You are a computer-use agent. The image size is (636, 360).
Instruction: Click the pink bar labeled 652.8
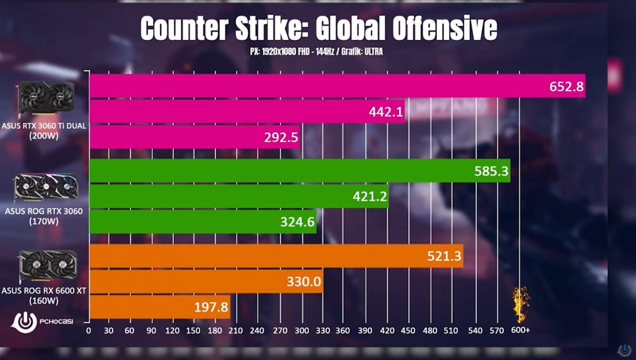pos(337,86)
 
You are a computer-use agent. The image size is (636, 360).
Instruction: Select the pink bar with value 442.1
pos(246,111)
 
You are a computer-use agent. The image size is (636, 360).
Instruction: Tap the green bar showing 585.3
pos(299,171)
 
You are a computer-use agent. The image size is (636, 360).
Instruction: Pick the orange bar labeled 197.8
pos(160,307)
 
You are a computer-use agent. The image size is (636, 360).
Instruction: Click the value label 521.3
pos(444,257)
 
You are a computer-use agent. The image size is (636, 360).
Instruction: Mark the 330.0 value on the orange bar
pos(304,282)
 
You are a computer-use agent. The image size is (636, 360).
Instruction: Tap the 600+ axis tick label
pos(520,330)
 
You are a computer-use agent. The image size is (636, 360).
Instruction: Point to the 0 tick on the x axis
pos(89,330)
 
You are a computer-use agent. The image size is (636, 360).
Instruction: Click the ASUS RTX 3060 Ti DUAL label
pos(45,126)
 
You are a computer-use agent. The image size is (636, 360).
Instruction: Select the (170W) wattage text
pos(45,221)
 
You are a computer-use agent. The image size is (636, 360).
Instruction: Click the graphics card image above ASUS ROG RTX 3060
pos(46,189)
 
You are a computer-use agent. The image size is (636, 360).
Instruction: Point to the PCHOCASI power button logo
pos(23,321)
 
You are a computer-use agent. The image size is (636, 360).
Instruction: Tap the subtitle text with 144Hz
pos(316,52)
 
